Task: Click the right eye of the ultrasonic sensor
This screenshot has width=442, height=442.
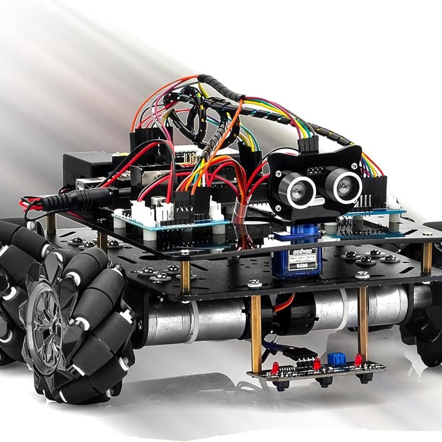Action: point(343,182)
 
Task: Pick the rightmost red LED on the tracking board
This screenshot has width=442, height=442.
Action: point(358,360)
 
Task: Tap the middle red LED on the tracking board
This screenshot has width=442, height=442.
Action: point(317,364)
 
